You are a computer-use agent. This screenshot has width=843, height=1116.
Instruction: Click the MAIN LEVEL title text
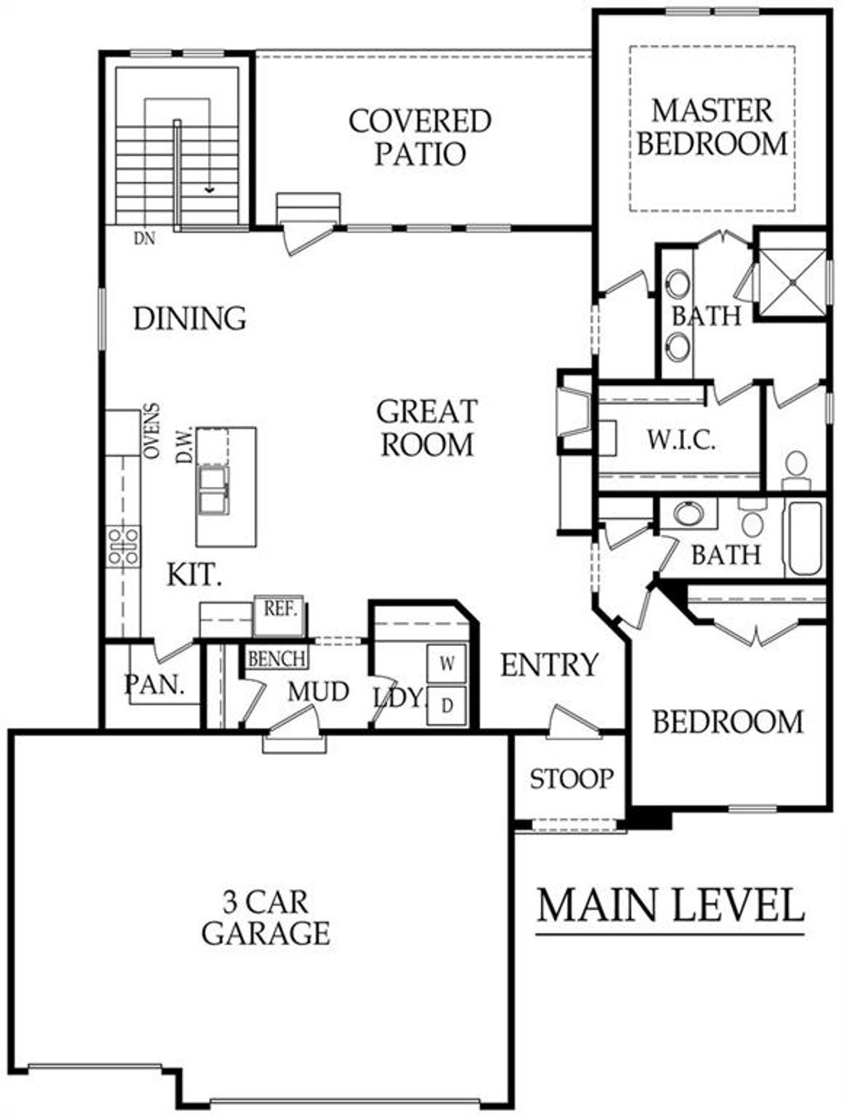(670, 905)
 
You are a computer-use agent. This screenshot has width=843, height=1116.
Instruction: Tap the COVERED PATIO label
(420, 137)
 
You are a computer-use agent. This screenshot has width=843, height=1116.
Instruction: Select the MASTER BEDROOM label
(712, 127)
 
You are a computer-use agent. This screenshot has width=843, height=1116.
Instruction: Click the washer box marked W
(447, 663)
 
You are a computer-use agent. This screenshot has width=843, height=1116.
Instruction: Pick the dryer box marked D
(447, 705)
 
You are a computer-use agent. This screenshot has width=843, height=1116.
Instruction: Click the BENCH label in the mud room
(277, 658)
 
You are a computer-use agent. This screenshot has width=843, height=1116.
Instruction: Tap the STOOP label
(571, 779)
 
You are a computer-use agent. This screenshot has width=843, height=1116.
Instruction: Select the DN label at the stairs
(146, 239)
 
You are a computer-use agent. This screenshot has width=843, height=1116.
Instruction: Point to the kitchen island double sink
(213, 490)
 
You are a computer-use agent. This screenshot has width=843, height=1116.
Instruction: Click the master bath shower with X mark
(791, 282)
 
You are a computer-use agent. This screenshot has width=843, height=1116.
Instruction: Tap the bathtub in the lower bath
(804, 539)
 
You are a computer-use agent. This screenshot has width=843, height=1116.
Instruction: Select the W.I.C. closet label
(680, 439)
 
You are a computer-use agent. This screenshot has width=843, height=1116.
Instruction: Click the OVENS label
(151, 430)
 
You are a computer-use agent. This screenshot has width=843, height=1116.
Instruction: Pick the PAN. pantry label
(154, 685)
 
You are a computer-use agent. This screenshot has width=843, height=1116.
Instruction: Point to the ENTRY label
(549, 665)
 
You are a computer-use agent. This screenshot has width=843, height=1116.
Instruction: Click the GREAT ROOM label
(426, 428)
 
